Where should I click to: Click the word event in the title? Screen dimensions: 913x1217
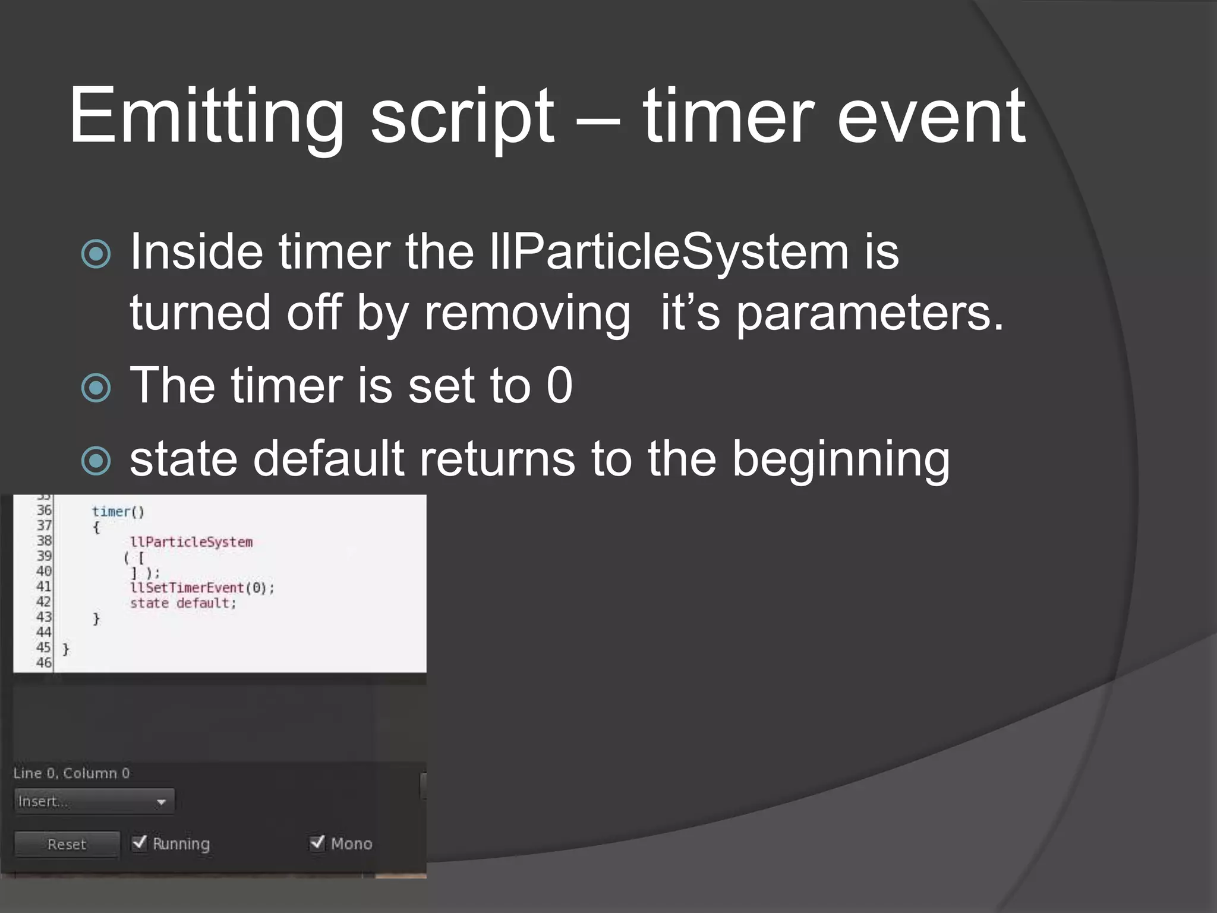[931, 117]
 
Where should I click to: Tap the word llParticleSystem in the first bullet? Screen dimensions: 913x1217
[669, 252]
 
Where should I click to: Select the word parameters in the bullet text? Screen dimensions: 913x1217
[869, 313]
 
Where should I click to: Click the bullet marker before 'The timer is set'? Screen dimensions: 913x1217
[96, 388]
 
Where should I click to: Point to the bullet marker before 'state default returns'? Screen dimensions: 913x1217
[96, 461]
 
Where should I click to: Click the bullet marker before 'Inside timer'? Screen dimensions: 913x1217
[96, 254]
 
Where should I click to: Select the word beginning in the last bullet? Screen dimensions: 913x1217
[840, 459]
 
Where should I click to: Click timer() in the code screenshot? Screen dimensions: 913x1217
[118, 512]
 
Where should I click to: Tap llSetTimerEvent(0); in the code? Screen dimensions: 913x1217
[202, 588]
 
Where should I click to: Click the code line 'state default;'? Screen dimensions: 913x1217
[183, 603]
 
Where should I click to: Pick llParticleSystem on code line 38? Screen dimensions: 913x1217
[191, 542]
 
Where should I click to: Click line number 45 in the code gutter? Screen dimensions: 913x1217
[43, 647]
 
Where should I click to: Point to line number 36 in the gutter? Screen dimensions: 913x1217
[44, 510]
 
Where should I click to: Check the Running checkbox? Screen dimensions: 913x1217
[140, 843]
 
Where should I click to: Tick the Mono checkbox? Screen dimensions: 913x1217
[317, 843]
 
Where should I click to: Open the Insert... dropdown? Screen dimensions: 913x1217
[94, 801]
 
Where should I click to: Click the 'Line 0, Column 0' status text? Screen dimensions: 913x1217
[71, 773]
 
